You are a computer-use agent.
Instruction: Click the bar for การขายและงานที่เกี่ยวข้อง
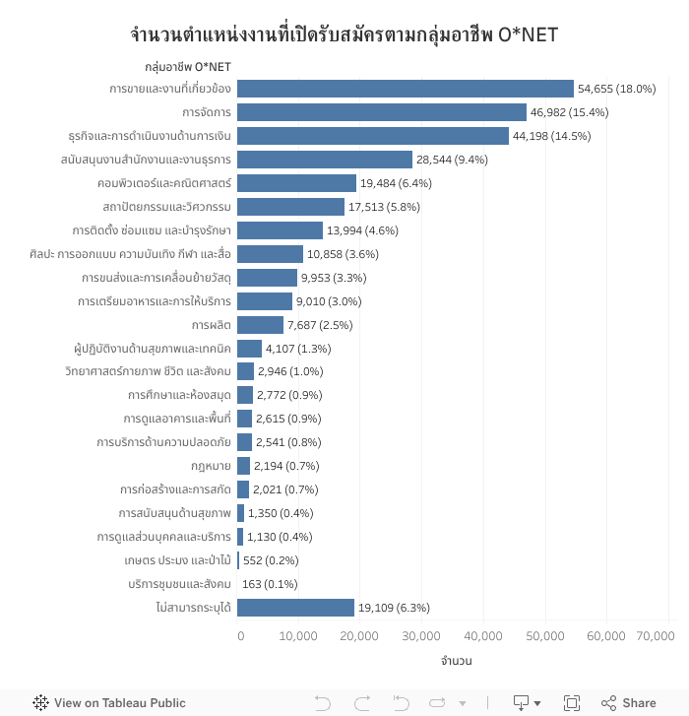405,89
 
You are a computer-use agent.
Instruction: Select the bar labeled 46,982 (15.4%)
382,112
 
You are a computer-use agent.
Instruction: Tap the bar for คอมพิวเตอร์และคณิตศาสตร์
296,183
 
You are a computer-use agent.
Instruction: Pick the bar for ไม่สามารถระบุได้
295,608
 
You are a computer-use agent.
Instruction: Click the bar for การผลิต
260,325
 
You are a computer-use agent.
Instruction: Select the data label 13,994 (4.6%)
362,230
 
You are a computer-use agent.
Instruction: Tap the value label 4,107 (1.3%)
298,349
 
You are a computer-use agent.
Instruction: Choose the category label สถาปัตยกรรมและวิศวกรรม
166,207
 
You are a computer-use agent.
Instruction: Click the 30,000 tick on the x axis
422,636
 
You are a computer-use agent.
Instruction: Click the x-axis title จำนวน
456,661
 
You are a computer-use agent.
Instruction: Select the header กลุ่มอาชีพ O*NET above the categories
188,67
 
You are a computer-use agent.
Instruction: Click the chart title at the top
344,35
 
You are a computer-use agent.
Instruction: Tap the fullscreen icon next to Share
572,703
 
